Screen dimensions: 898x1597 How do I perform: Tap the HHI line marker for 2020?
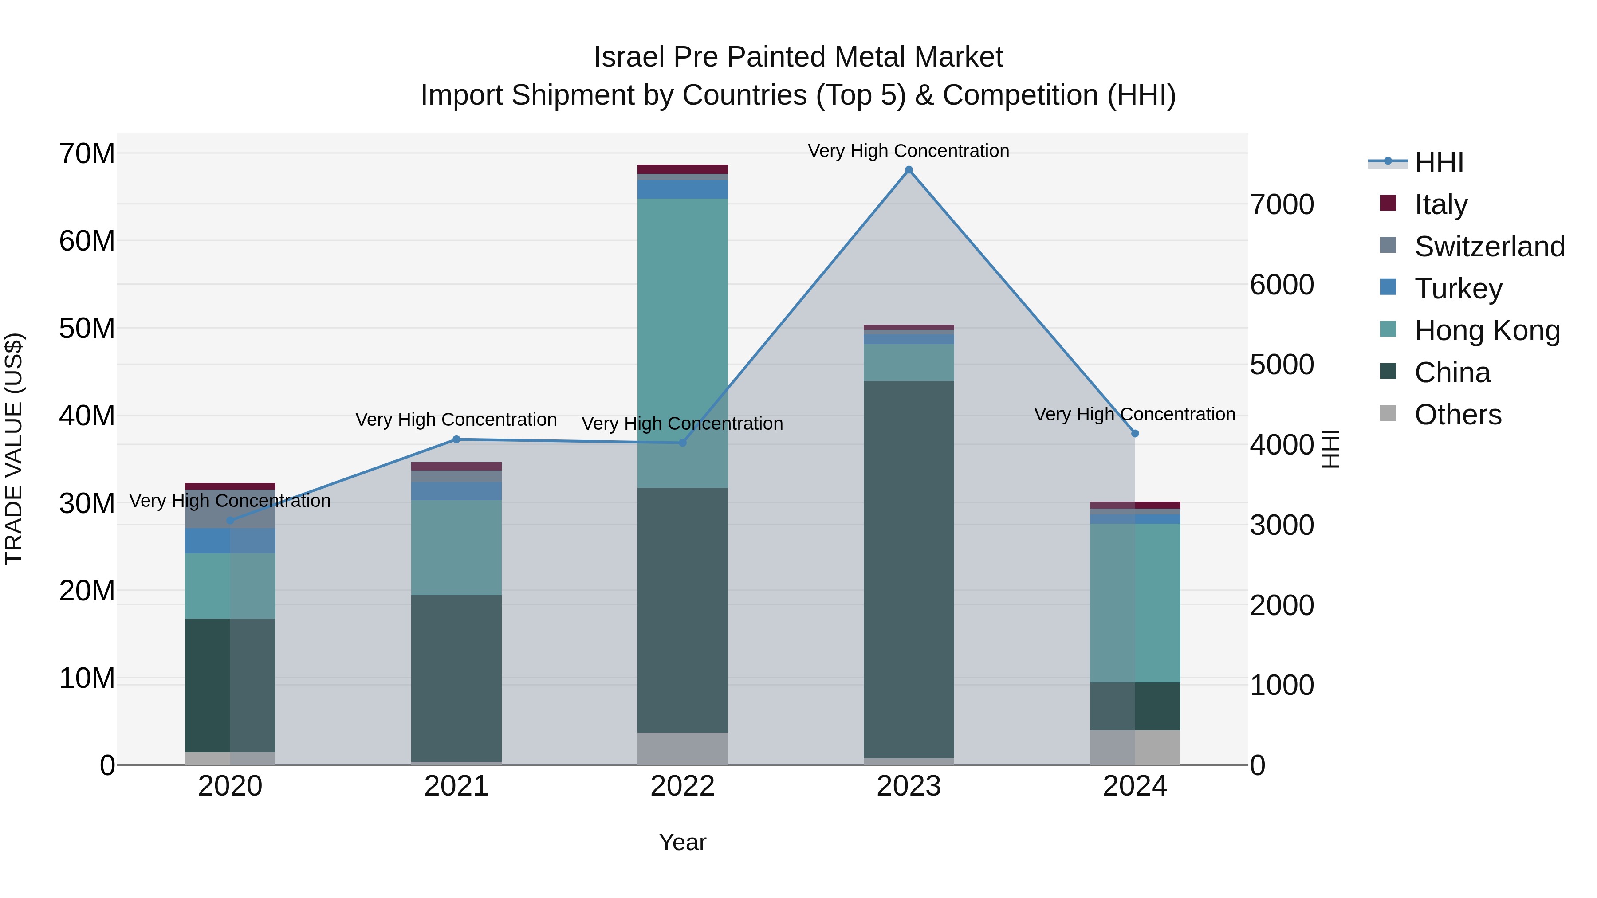pos(230,521)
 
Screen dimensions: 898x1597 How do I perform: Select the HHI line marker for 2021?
pos(456,439)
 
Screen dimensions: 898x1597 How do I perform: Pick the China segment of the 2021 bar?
pos(456,678)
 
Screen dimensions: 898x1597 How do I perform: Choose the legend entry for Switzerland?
pos(1489,247)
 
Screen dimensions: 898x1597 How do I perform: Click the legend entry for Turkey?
pos(1458,289)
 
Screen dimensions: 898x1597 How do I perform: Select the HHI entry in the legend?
pos(1438,162)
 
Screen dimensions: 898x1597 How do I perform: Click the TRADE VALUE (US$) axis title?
pos(14,449)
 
